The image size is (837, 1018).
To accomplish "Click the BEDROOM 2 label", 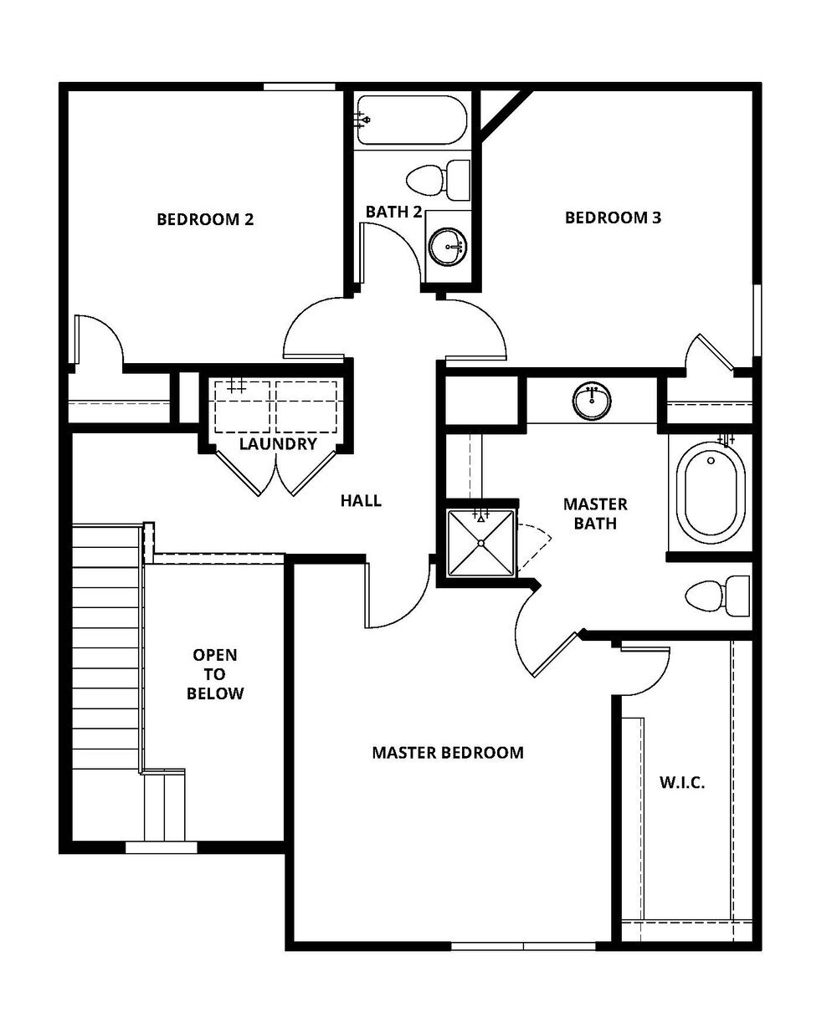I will (205, 220).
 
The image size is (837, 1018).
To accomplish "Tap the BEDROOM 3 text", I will (614, 218).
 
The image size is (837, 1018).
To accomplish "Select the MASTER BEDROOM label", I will (448, 753).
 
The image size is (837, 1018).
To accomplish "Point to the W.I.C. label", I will (682, 783).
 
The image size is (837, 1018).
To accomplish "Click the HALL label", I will (361, 501).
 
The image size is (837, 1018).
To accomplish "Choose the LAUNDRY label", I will (278, 444).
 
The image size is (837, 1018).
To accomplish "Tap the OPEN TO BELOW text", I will (215, 674).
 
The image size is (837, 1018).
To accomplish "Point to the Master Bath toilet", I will (717, 596).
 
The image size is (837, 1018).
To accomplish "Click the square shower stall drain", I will (481, 543).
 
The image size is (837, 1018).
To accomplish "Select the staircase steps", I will (105, 648).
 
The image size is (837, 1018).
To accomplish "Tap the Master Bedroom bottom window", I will (523, 946).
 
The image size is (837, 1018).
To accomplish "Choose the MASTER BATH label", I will (595, 514).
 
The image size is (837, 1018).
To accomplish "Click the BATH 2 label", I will (393, 212).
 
